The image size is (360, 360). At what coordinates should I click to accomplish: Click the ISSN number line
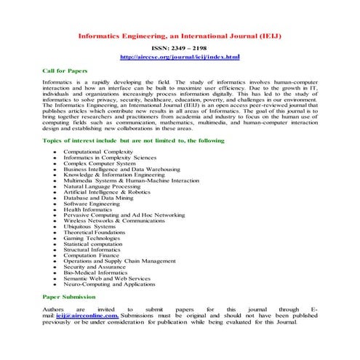[x=180, y=47]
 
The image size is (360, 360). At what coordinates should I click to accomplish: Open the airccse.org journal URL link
[x=180, y=56]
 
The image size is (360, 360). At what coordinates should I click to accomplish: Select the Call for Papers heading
[x=65, y=71]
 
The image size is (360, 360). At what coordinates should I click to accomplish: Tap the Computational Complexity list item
[x=98, y=152]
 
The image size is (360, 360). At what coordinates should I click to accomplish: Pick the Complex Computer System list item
[x=95, y=164]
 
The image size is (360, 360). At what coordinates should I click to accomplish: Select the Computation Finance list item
[x=92, y=255]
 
